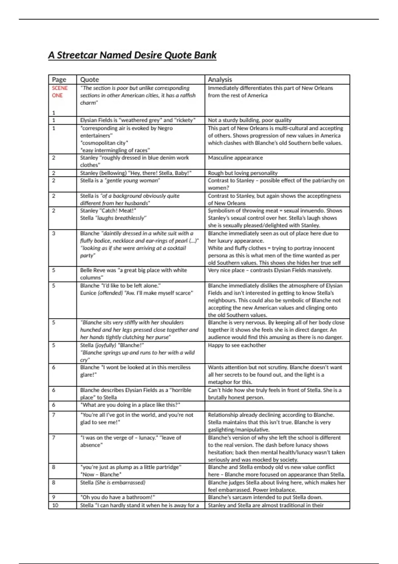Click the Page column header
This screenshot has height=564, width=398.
[x=59, y=80]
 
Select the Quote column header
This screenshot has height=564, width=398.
[x=90, y=80]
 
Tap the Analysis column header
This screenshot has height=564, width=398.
[x=220, y=80]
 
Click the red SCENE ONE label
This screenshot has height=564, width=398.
[x=59, y=92]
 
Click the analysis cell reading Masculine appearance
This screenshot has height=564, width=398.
[x=235, y=158]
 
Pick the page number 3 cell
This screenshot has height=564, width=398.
[x=54, y=233]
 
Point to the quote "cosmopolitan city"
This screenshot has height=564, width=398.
[x=104, y=143]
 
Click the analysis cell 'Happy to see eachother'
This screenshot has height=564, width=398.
[x=237, y=345]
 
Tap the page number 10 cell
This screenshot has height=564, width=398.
[x=55, y=505]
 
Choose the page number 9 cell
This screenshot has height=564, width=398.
[x=54, y=497]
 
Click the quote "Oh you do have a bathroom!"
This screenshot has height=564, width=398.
[x=118, y=497]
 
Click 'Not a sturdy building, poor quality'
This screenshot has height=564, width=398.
[x=249, y=120]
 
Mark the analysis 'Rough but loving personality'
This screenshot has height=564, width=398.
[x=242, y=173]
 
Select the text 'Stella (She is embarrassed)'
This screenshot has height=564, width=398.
[x=113, y=483]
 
